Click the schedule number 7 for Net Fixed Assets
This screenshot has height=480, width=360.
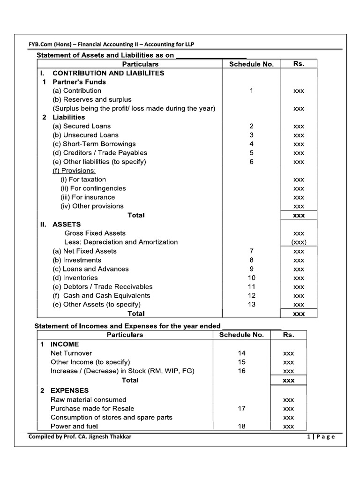point(251,251)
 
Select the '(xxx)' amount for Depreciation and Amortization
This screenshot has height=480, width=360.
point(299,242)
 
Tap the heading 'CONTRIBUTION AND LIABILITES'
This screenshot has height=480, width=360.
point(108,73)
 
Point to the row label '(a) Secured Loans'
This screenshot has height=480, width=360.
point(81,126)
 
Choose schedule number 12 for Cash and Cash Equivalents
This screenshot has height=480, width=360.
point(251,295)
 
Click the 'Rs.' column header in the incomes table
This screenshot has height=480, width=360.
point(288,335)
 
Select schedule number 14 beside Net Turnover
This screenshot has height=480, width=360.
point(241,353)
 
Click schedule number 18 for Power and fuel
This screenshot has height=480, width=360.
point(241,426)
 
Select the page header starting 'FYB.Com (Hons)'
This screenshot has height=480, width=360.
point(112,44)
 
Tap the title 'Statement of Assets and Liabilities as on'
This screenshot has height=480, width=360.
point(105,55)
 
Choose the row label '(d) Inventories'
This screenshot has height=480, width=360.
point(75,277)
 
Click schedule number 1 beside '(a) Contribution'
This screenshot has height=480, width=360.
point(251,91)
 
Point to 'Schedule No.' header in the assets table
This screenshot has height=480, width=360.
point(251,64)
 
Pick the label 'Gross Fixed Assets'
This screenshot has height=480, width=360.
point(95,233)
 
